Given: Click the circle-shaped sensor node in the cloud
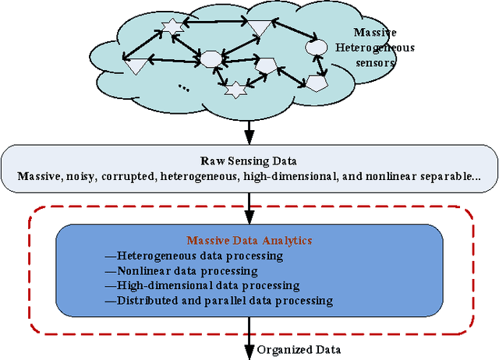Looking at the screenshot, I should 316,48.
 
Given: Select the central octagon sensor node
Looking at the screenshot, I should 211,58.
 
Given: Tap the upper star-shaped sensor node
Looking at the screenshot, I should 171,29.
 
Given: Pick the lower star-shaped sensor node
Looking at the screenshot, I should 232,90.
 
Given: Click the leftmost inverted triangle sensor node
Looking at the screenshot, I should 136,66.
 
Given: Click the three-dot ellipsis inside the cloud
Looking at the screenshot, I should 184,86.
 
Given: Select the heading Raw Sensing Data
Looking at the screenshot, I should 247,161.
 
